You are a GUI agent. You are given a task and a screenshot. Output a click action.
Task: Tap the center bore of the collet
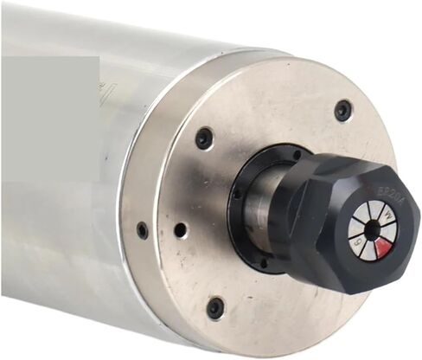[372, 230]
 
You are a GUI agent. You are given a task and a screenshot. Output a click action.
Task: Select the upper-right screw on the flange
[343, 111]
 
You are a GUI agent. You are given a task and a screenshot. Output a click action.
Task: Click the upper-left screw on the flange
[204, 138]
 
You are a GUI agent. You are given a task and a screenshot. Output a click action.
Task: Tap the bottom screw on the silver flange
[215, 307]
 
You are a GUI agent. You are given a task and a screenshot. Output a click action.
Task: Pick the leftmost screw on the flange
[143, 231]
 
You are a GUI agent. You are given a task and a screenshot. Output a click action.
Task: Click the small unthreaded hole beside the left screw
[180, 231]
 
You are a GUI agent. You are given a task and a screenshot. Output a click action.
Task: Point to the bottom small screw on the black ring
[263, 262]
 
